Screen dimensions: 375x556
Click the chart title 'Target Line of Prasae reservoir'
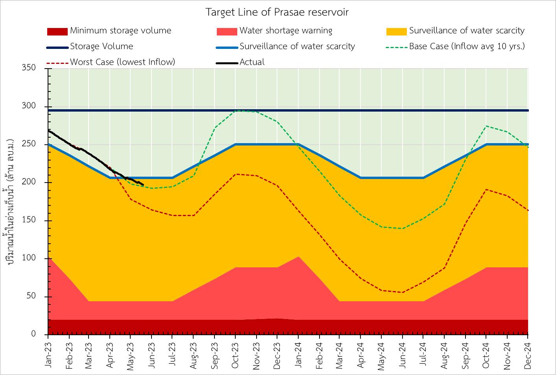click(277, 12)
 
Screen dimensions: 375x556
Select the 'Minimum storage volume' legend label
click(120, 31)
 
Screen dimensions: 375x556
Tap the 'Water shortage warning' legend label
click(286, 31)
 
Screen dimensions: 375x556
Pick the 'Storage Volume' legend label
click(102, 47)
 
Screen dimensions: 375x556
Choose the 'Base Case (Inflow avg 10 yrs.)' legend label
click(467, 47)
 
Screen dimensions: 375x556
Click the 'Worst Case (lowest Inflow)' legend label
click(122, 62)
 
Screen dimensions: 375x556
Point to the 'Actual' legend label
click(252, 62)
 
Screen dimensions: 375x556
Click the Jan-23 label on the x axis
click(48, 353)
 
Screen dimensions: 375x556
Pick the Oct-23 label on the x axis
click(235, 353)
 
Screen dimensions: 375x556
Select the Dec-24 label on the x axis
click(528, 353)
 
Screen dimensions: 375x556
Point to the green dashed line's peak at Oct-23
click(235, 110)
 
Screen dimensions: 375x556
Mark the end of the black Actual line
click(143, 185)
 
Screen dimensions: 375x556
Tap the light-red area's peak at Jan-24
click(298, 257)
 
